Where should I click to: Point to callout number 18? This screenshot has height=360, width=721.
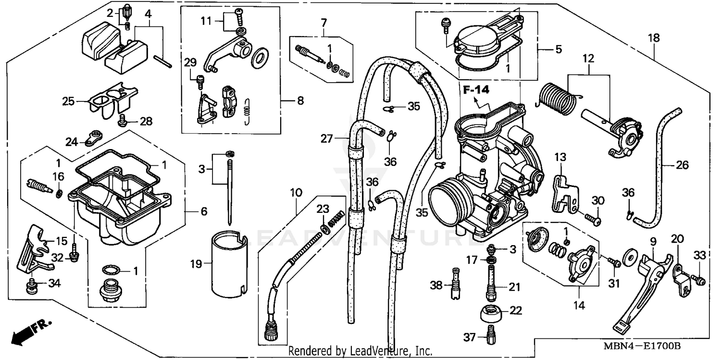click(653, 37)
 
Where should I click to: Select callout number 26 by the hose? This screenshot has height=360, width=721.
click(682, 165)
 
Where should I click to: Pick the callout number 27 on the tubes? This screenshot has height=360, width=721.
click(327, 139)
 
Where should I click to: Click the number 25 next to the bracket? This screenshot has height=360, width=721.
click(68, 101)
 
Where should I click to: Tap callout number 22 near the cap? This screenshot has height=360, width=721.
click(515, 310)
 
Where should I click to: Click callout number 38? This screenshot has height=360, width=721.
click(436, 285)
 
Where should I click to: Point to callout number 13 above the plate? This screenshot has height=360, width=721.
click(560, 157)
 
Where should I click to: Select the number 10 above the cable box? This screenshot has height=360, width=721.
click(296, 193)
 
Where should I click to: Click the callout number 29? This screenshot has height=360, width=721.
click(190, 63)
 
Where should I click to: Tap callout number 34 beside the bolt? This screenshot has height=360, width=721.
click(54, 284)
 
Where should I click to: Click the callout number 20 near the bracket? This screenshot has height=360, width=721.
click(677, 239)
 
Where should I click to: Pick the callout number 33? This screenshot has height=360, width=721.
click(699, 255)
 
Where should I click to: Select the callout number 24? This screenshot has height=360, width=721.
click(72, 142)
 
